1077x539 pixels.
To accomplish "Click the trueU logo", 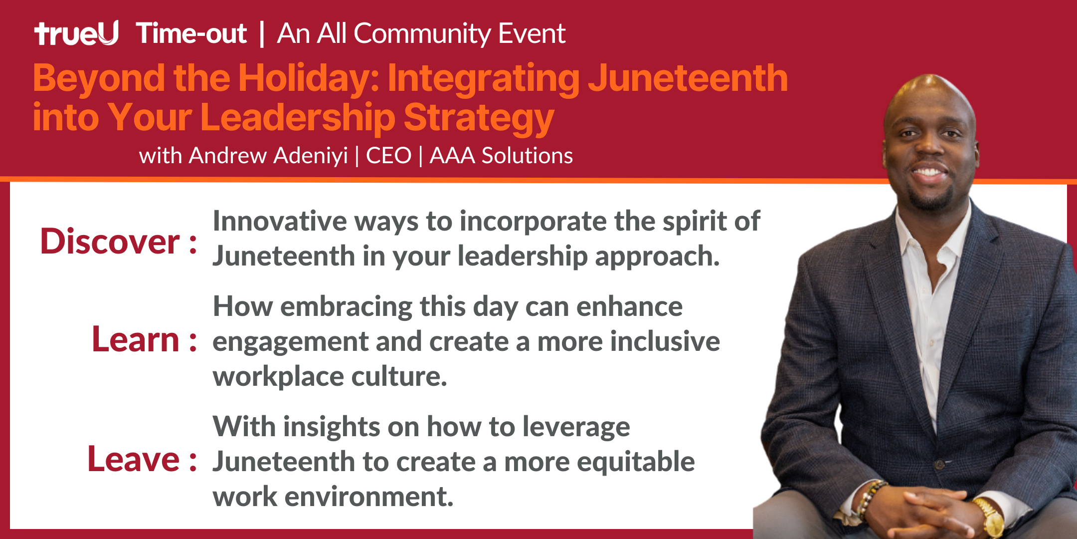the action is click(76, 33).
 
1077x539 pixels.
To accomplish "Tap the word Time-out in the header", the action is click(191, 33).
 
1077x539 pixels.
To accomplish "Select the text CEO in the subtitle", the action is click(389, 156).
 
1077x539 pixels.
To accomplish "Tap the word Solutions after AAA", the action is click(527, 156).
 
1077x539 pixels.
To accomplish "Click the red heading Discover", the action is click(110, 242).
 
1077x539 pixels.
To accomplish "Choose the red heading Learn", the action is click(136, 339).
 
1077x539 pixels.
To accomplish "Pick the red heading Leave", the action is click(134, 459).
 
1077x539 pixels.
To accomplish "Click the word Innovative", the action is click(280, 221).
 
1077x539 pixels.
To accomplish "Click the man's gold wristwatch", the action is click(989, 519).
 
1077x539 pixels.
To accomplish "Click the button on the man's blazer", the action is click(940, 465).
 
